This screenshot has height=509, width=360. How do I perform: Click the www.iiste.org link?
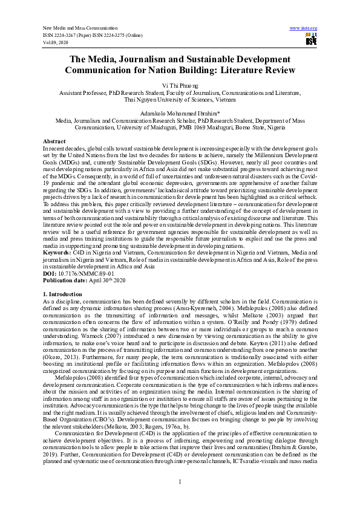tap(304, 28)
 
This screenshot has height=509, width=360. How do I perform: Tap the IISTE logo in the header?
tap(311, 40)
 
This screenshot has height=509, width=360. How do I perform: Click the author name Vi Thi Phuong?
tap(180, 86)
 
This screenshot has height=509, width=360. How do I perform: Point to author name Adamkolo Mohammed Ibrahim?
tap(179, 112)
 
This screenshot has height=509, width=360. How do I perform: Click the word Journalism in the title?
tap(141, 59)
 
